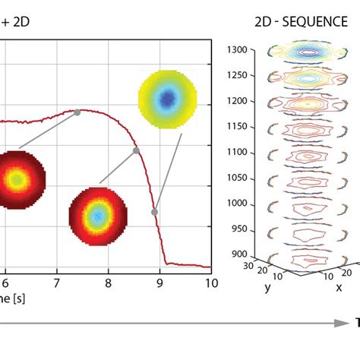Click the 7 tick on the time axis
coord(56,283)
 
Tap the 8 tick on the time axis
coord(108,283)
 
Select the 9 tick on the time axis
coord(159,283)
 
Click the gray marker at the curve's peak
coord(77,112)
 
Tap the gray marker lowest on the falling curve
coord(154,212)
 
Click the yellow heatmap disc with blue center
coord(166,98)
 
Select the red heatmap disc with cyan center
coord(96,216)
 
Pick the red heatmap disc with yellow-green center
coord(17,179)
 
